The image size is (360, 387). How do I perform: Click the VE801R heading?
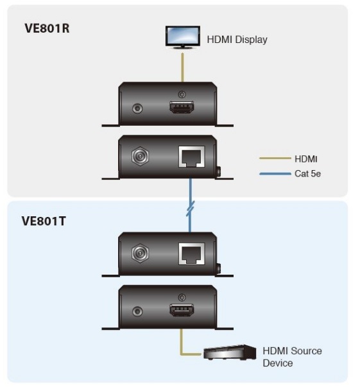pyautogui.click(x=47, y=28)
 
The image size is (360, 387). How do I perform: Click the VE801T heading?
pyautogui.click(x=44, y=221)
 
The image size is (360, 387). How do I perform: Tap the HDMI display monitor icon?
pyautogui.click(x=183, y=37)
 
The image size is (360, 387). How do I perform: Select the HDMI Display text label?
pyautogui.click(x=237, y=40)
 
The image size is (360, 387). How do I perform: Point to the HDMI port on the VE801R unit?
pyautogui.click(x=182, y=107)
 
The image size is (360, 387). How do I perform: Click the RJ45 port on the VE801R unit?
pyautogui.click(x=191, y=157)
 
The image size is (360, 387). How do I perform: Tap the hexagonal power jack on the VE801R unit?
pyautogui.click(x=140, y=156)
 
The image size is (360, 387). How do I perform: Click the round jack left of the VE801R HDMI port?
pyautogui.click(x=137, y=108)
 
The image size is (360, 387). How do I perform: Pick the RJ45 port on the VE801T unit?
pyautogui.click(x=191, y=254)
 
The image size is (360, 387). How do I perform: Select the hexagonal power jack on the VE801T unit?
pyautogui.click(x=140, y=254)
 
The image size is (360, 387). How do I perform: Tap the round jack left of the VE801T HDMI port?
pyautogui.click(x=137, y=311)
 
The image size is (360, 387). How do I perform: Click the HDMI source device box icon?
pyautogui.click(x=230, y=352)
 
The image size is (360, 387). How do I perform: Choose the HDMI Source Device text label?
pyautogui.click(x=292, y=357)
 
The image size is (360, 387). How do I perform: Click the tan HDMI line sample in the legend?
pyautogui.click(x=275, y=159)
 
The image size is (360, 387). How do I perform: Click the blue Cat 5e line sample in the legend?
pyautogui.click(x=275, y=174)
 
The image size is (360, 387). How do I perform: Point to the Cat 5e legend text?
pyautogui.click(x=307, y=173)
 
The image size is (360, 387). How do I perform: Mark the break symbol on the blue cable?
pyautogui.click(x=190, y=209)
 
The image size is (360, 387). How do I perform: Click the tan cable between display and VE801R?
pyautogui.click(x=182, y=67)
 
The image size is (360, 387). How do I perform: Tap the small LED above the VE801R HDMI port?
pyautogui.click(x=182, y=94)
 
